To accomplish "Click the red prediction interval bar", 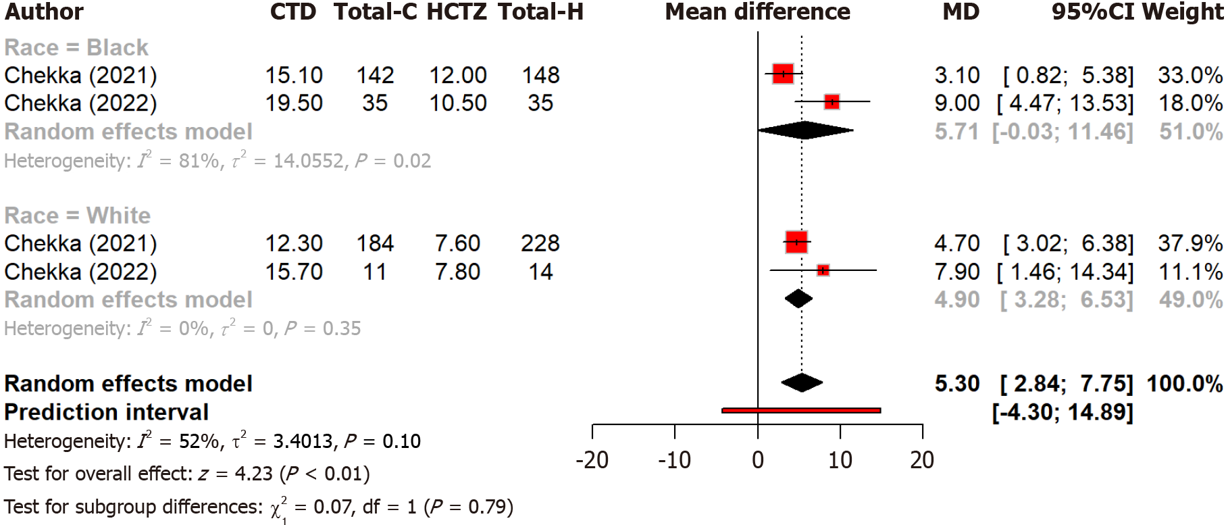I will pyautogui.click(x=801, y=410).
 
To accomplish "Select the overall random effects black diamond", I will pyautogui.click(x=802, y=383).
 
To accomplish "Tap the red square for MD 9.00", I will pyautogui.click(x=832, y=102).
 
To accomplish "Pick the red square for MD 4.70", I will pyautogui.click(x=796, y=242).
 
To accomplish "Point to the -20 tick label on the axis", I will pyautogui.click(x=592, y=460).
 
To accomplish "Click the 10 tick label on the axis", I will pyautogui.click(x=840, y=460).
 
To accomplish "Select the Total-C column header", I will pyautogui.click(x=375, y=12).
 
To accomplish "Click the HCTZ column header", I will pyautogui.click(x=457, y=12).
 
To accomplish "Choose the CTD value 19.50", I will pyautogui.click(x=294, y=103).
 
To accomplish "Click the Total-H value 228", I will pyautogui.click(x=540, y=243).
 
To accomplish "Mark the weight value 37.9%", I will pyautogui.click(x=1190, y=243).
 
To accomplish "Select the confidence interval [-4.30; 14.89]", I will pyautogui.click(x=1063, y=412).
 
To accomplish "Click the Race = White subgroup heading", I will pyautogui.click(x=77, y=216).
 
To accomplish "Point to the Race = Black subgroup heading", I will pyautogui.click(x=76, y=47).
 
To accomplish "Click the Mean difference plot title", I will pyautogui.click(x=757, y=12).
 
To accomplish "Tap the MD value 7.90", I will pyautogui.click(x=957, y=272).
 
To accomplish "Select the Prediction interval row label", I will pyautogui.click(x=106, y=412).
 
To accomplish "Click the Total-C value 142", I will pyautogui.click(x=375, y=75).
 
